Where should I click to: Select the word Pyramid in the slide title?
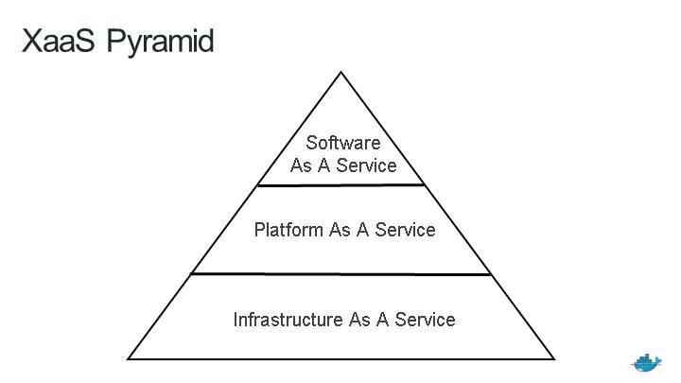pos(160,43)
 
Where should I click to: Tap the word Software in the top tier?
pos(342,143)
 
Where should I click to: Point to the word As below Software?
pos(302,165)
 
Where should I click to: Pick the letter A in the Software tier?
pos(327,165)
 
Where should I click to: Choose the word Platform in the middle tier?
pos(288,230)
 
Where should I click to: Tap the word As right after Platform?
pos(340,230)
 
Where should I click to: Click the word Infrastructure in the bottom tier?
pos(288,320)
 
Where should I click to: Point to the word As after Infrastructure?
pos(359,320)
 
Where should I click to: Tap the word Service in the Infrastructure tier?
pos(426,320)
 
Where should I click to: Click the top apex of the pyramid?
pos(340,72)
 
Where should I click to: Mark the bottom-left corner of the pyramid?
pos(129,358)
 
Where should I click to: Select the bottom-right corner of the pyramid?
pos(553,358)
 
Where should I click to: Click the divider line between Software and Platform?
pos(340,185)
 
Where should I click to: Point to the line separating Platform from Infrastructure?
pos(340,274)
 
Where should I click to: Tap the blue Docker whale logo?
pos(647,362)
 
